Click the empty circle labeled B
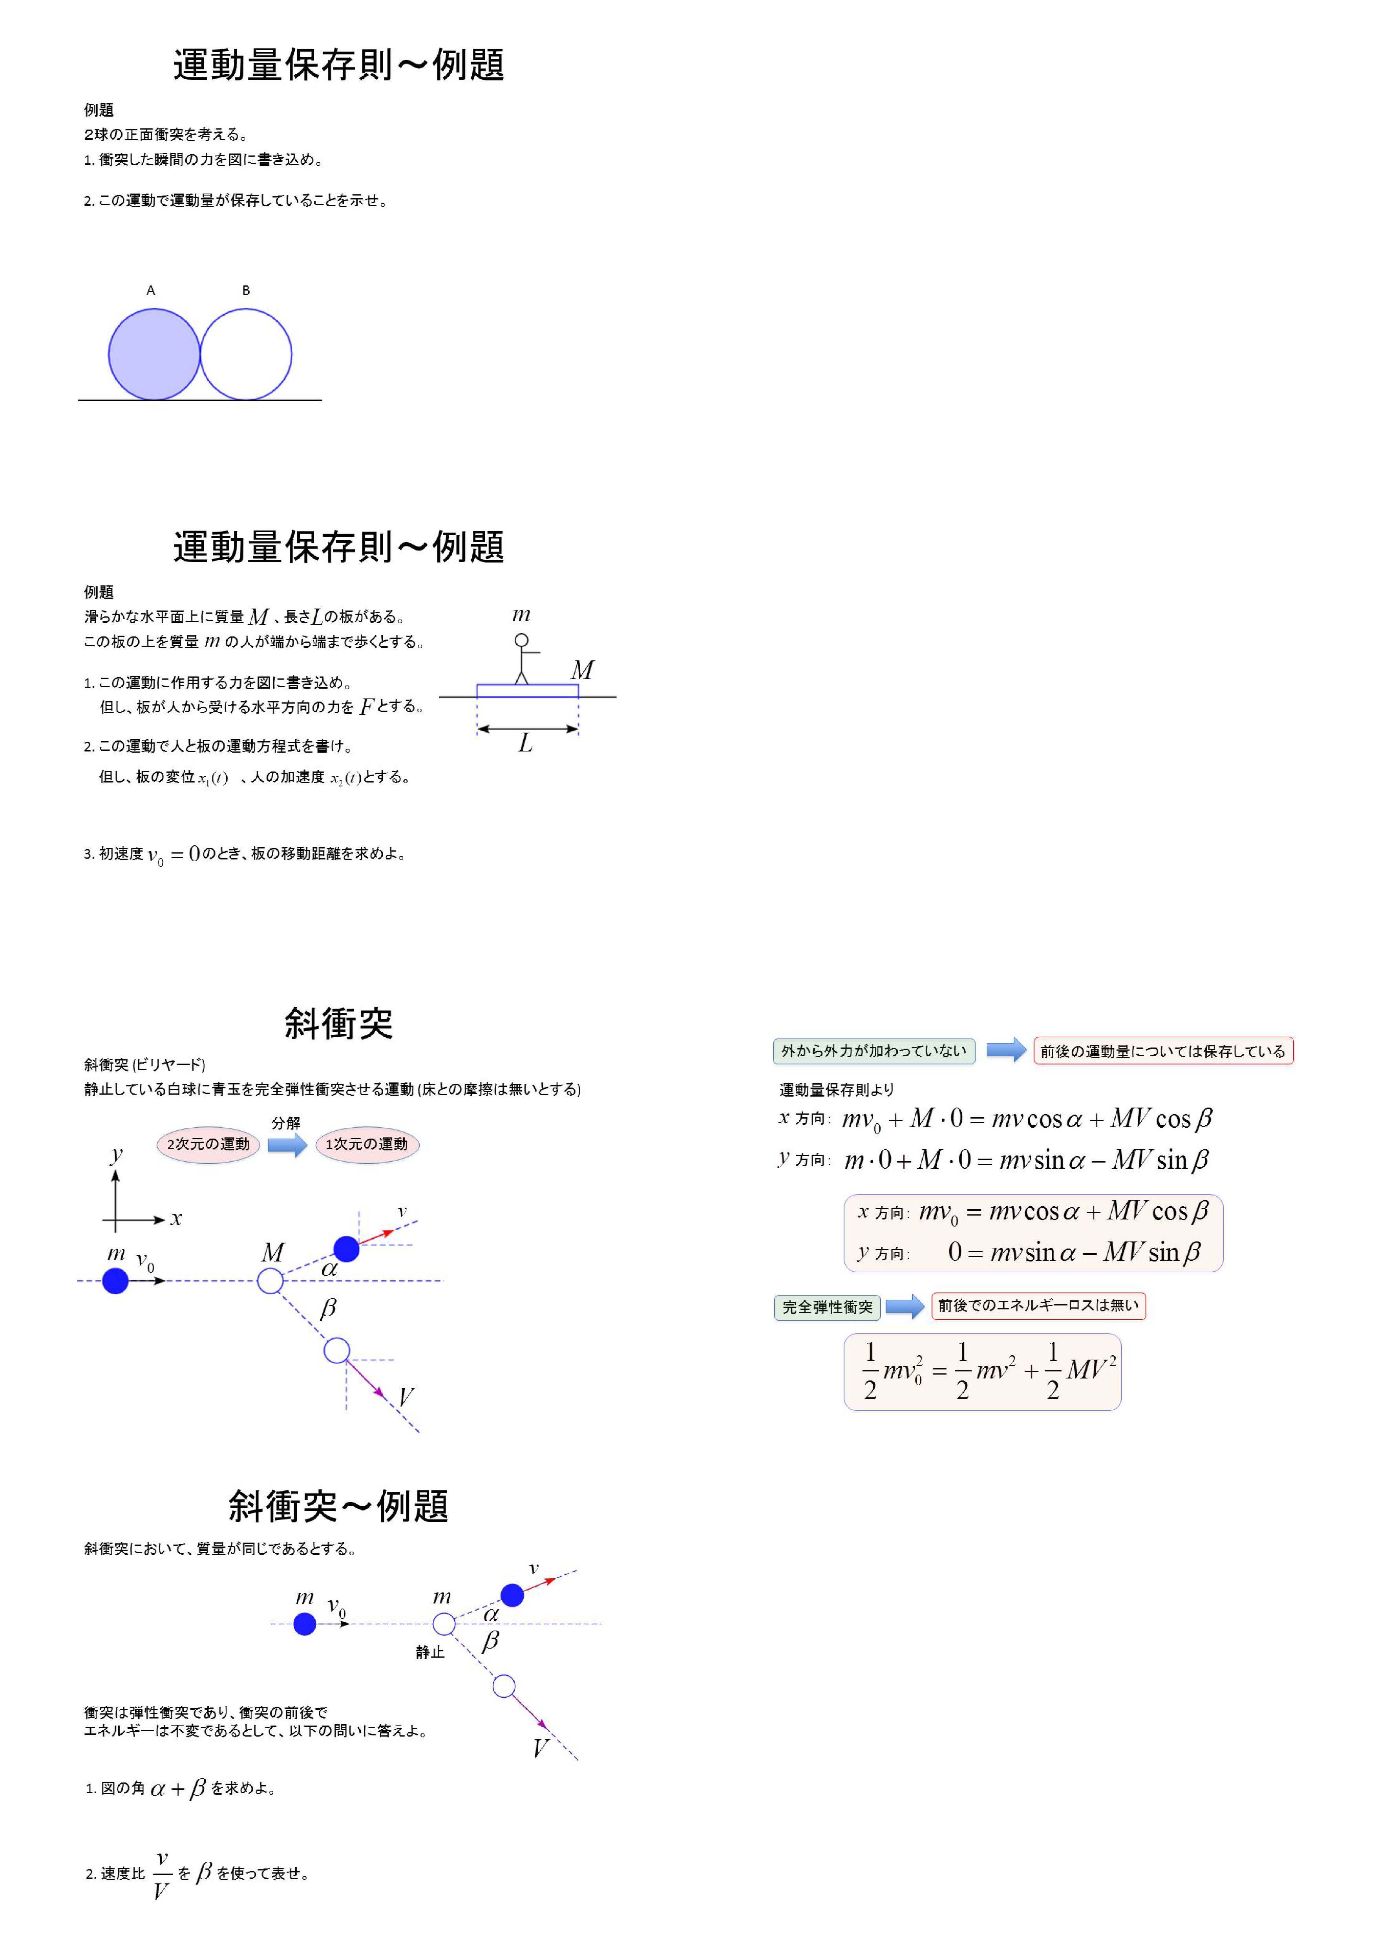[x=246, y=355]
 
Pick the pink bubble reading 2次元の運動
[x=208, y=1144]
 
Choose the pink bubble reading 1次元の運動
[x=367, y=1144]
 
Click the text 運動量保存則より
[x=836, y=1090]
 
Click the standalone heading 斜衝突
[x=338, y=1024]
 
